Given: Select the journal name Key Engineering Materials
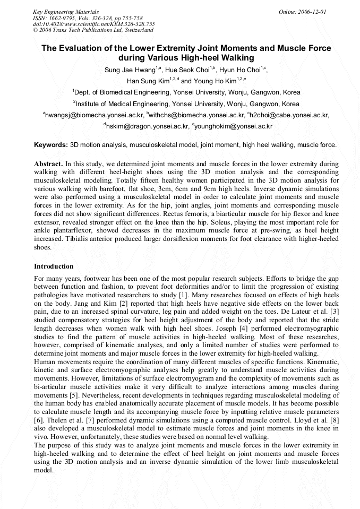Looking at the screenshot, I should click(x=66, y=11).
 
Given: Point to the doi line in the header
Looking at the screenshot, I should click(x=93, y=24).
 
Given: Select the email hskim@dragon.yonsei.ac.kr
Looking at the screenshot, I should click(x=147, y=126).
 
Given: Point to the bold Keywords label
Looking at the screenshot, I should click(x=51, y=144).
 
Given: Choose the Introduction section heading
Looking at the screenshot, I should click(x=54, y=266).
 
